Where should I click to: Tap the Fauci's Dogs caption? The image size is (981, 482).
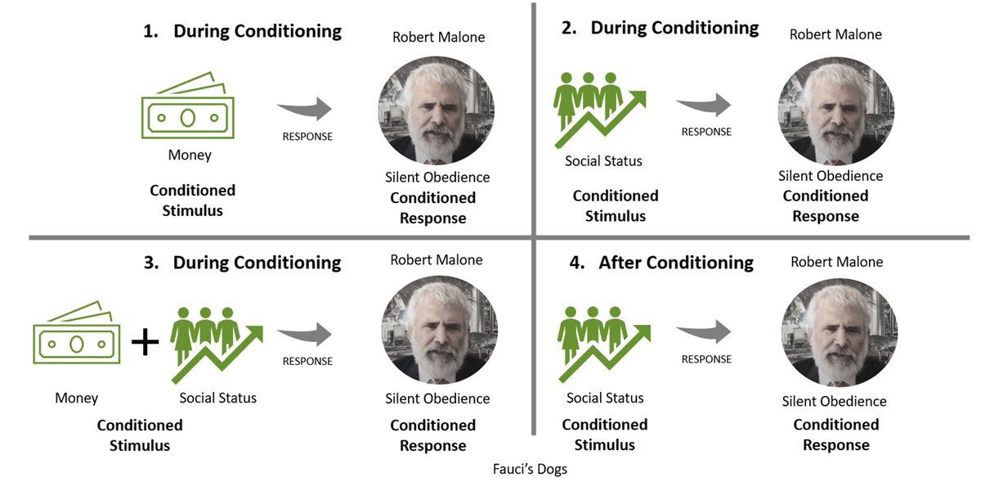[x=531, y=470]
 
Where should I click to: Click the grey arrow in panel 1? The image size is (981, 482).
[x=304, y=110]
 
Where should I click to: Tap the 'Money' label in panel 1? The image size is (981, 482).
[x=190, y=155]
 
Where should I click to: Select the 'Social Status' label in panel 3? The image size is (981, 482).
[x=218, y=399]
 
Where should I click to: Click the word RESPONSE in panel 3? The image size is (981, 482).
[x=307, y=361]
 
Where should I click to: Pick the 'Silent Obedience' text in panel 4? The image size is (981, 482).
[x=834, y=401]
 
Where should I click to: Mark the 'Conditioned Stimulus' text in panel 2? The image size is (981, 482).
[x=615, y=206]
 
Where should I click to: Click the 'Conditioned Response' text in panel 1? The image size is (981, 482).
[x=432, y=208]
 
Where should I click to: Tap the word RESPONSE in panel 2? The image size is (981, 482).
[x=706, y=131]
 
